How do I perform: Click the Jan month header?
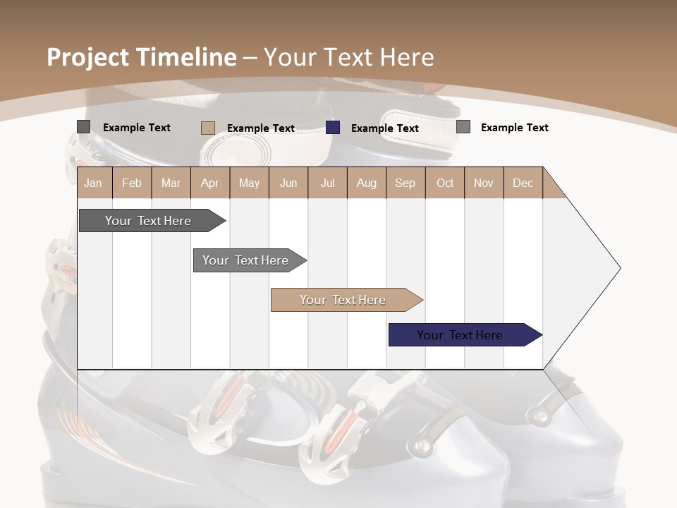93,183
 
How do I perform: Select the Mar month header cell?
171,183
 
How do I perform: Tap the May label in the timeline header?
249,183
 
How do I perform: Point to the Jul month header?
327,183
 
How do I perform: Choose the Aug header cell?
366,183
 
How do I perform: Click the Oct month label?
445,183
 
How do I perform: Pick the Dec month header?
523,183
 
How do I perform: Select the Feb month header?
132,183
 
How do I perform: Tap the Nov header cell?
483,183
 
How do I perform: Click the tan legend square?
207,128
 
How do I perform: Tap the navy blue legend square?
333,128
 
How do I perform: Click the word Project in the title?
88,57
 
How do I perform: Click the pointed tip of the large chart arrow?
619,268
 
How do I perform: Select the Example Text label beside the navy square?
384,128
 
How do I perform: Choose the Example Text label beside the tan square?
260,128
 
